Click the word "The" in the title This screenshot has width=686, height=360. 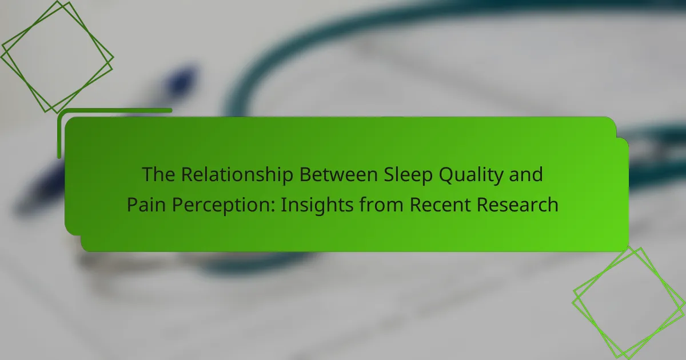coord(159,174)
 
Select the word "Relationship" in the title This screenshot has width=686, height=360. coord(237,175)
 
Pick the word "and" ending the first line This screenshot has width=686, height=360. coord(526,174)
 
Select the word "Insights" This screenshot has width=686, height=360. coord(317,206)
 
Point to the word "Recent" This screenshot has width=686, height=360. coord(440,205)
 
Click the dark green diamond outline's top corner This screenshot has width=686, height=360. coord(57,1)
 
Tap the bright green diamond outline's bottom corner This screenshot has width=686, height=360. coord(628,358)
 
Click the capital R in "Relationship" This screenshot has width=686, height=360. coord(188,174)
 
